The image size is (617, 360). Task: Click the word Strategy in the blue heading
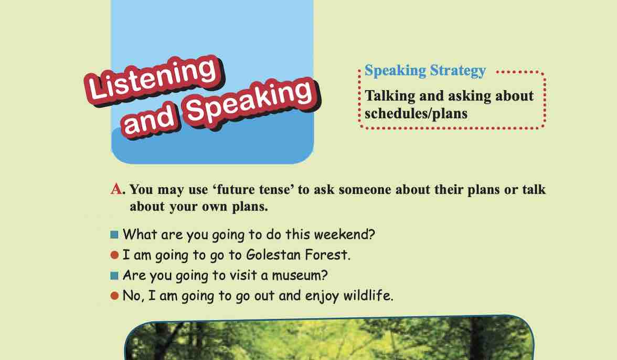458,71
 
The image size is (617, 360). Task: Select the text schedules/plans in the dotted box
416,114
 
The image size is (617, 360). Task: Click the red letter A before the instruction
116,189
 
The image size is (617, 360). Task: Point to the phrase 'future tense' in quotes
253,189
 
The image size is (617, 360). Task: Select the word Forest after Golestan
327,255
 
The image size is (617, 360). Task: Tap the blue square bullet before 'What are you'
114,235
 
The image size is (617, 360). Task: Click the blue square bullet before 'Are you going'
114,276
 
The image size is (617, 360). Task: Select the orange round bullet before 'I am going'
114,256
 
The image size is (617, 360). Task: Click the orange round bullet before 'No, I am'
114,296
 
